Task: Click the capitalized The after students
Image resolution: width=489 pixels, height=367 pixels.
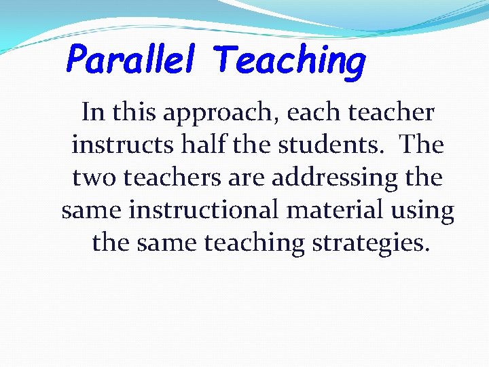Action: click(421, 144)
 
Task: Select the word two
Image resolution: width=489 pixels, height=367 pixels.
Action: click(94, 177)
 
